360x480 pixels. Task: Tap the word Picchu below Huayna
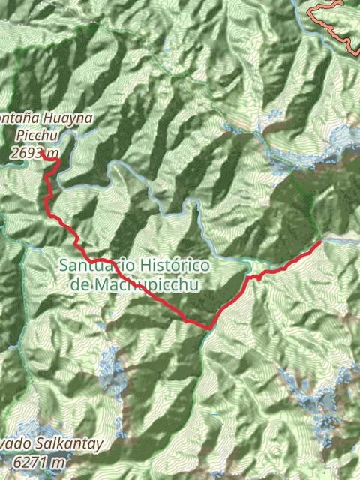[36, 136]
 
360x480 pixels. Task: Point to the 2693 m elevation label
[30, 152]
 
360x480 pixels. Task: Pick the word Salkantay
[66, 445]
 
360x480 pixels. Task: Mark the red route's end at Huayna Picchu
[57, 158]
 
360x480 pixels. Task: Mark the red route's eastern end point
[321, 241]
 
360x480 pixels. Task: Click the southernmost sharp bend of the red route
[208, 327]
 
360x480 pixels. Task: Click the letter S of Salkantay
[34, 445]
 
